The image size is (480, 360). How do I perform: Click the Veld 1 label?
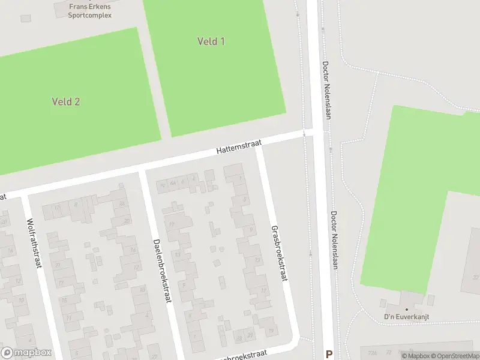(x=211, y=41)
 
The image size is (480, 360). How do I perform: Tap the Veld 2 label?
(x=66, y=101)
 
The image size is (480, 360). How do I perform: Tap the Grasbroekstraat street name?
(x=279, y=253)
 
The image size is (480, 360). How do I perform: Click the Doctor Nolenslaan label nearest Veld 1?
(x=326, y=90)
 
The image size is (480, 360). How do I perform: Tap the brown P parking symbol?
(x=328, y=354)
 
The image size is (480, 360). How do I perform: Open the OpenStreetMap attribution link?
(x=458, y=356)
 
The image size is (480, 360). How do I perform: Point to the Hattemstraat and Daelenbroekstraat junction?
(x=142, y=172)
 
